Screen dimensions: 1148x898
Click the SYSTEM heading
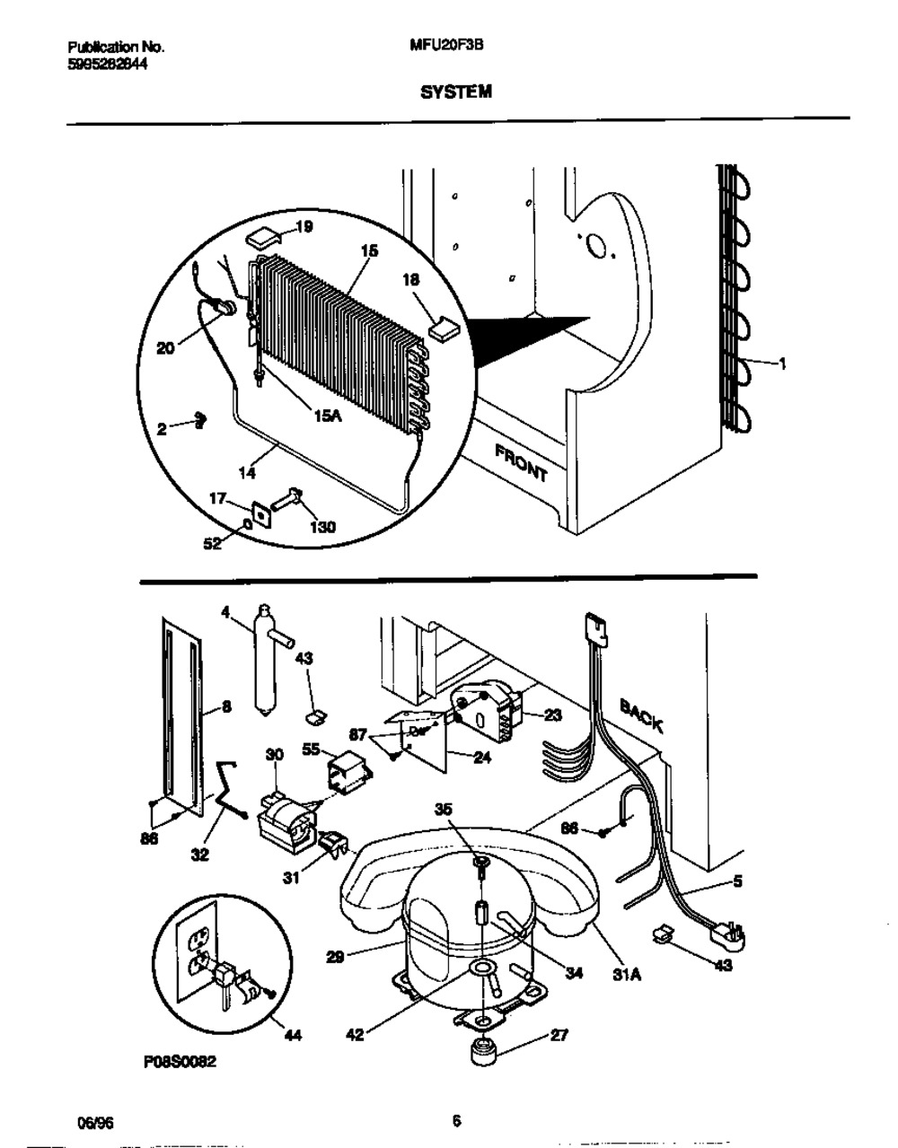456,92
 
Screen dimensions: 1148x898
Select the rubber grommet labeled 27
483,1051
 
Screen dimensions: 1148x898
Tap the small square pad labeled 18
444,329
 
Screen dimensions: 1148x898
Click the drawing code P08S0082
180,1062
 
